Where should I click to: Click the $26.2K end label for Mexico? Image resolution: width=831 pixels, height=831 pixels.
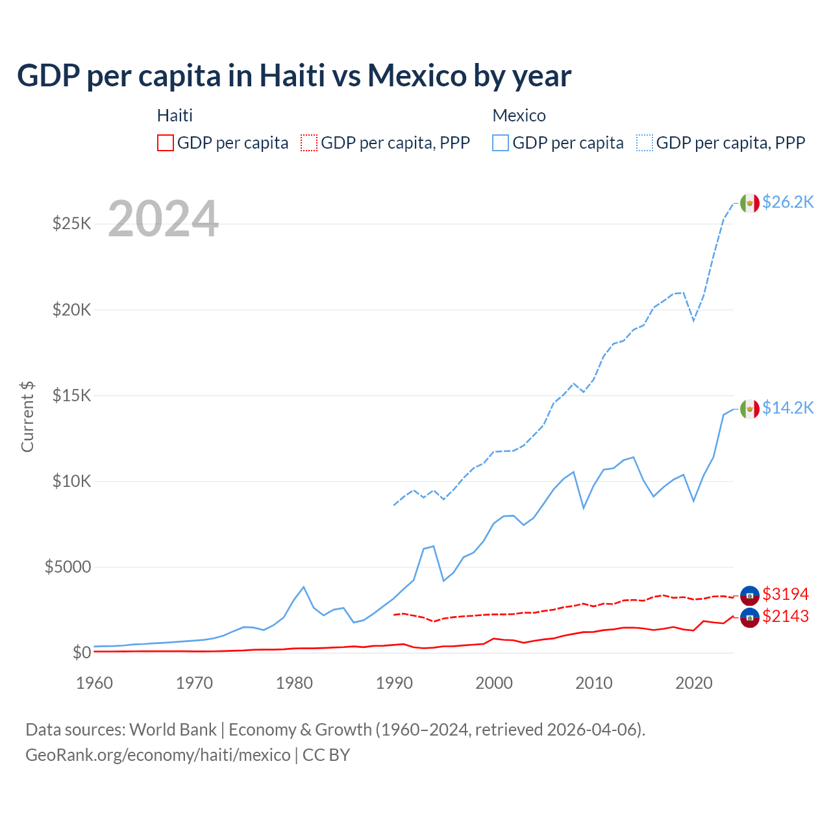(788, 202)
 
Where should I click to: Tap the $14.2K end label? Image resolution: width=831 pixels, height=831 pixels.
(788, 408)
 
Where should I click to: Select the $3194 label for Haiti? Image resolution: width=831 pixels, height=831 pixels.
(786, 594)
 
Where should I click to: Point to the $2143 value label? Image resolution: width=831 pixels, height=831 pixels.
(786, 616)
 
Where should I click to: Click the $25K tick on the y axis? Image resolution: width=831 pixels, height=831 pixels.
(71, 224)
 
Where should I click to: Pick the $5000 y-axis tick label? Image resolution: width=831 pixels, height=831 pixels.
(68, 567)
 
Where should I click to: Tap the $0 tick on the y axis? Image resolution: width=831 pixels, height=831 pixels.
(81, 652)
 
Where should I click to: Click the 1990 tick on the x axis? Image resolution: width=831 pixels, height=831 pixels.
(394, 683)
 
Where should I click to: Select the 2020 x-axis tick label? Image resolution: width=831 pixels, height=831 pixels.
(693, 683)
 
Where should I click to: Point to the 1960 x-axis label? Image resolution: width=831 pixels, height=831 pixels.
(95, 683)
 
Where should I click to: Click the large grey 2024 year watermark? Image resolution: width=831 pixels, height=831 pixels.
(163, 219)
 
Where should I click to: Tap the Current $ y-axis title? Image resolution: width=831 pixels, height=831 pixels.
(27, 417)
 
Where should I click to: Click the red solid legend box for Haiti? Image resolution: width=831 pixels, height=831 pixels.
(166, 143)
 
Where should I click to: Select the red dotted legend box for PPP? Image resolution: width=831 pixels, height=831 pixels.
(309, 143)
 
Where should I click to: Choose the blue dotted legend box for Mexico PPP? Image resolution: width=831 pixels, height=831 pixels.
(645, 143)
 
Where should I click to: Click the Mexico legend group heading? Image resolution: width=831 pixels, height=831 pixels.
(519, 116)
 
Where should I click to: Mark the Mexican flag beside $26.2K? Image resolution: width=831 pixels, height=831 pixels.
(750, 203)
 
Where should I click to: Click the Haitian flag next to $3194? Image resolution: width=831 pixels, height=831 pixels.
(750, 594)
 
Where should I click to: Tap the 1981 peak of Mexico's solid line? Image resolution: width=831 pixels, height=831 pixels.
(303, 588)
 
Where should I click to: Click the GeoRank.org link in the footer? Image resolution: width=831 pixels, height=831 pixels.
(158, 755)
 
